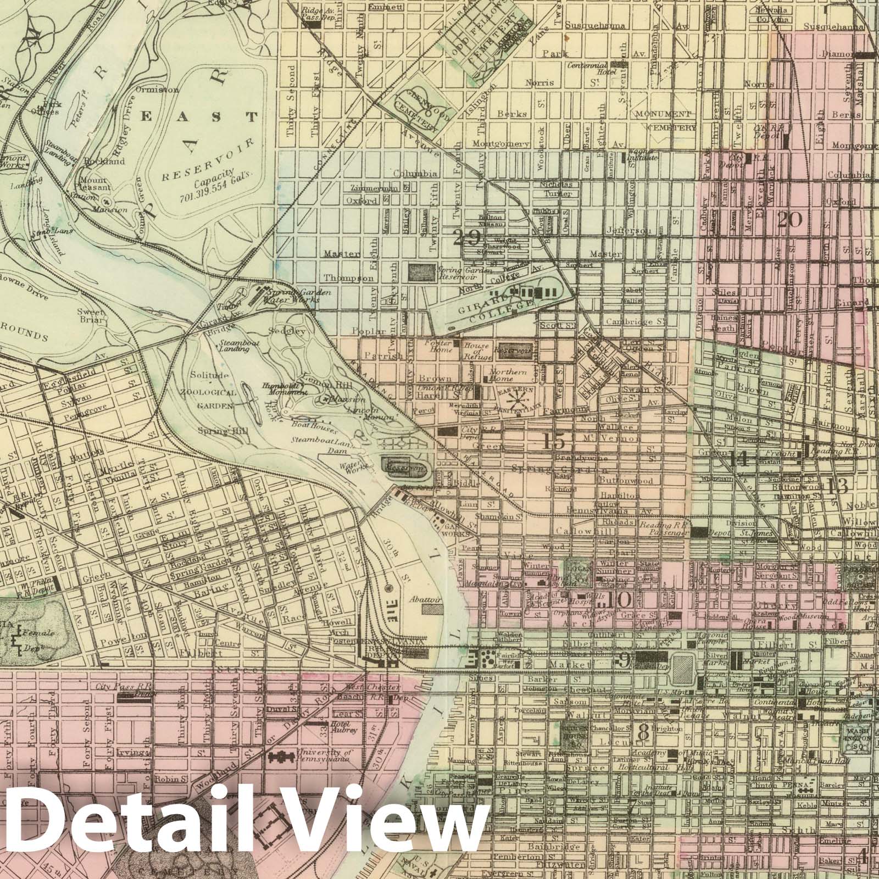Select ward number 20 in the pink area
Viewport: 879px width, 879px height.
(789, 220)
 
